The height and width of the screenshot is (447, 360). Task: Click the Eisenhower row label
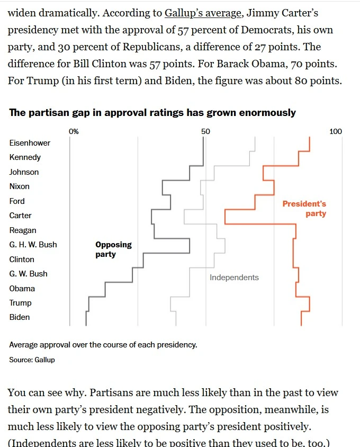30,143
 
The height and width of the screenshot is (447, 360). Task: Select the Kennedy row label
25,157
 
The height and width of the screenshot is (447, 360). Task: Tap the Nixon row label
20,186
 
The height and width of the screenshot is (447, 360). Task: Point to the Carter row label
20,216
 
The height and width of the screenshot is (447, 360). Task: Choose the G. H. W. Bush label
33,245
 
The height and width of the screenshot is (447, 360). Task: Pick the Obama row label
22,289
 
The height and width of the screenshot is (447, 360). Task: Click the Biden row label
20,317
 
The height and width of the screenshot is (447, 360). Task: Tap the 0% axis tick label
74,131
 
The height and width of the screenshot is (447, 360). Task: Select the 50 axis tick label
205,131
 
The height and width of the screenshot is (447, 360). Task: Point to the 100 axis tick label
336,131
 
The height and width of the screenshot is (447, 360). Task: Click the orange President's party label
304,209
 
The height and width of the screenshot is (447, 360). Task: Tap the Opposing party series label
113,249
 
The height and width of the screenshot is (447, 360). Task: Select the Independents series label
234,278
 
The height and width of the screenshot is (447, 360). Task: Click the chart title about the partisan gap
152,113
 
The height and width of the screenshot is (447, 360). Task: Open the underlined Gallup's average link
203,13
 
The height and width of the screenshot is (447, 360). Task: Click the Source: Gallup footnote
32,360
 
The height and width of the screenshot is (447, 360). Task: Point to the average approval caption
103,345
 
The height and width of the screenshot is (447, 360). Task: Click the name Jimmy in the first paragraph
263,13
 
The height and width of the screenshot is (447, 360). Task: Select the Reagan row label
23,230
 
